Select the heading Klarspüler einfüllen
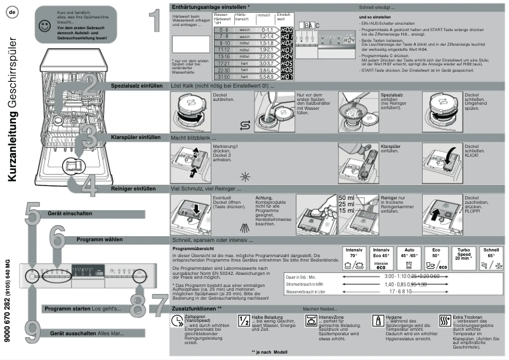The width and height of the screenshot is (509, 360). pos(135,137)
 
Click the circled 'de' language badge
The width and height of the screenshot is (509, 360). pos(12,13)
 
